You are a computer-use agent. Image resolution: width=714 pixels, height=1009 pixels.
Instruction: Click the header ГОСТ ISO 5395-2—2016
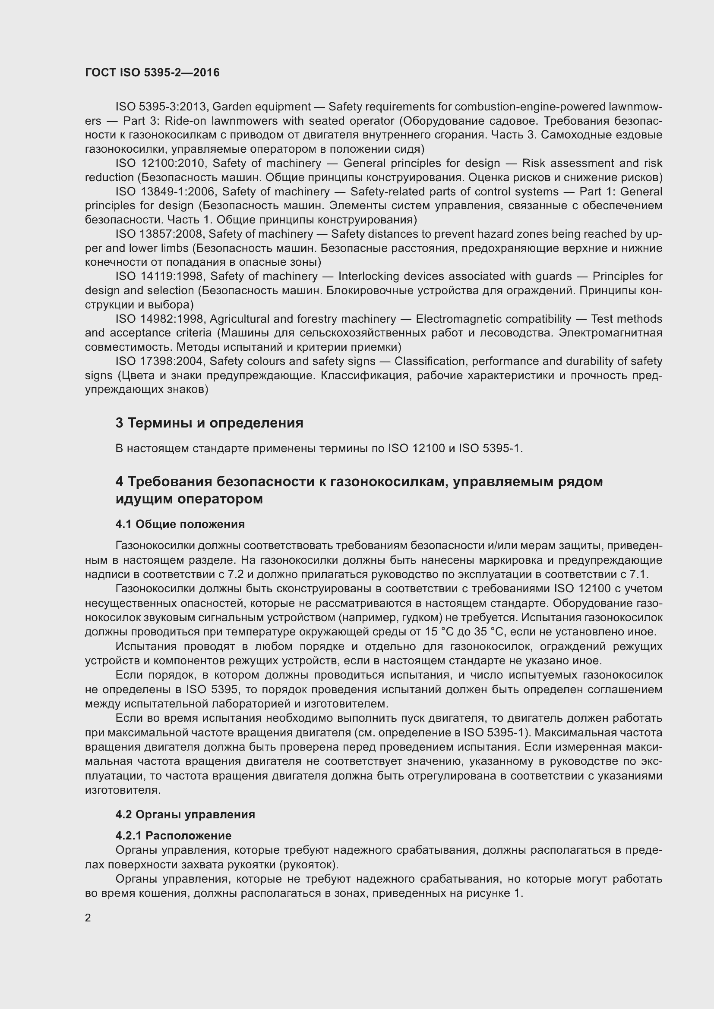tap(152, 72)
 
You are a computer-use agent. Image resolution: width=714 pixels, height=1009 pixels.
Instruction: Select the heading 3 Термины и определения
tap(209, 423)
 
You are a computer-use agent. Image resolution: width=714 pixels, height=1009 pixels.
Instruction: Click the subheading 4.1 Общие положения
tap(180, 524)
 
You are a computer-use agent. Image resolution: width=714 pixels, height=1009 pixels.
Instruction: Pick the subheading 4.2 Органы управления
tap(185, 814)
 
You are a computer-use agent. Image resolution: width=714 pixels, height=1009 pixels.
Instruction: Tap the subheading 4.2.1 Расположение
tap(173, 836)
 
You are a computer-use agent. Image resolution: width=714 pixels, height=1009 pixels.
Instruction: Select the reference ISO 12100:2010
tap(161, 163)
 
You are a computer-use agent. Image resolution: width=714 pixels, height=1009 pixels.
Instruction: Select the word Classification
tap(430, 361)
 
